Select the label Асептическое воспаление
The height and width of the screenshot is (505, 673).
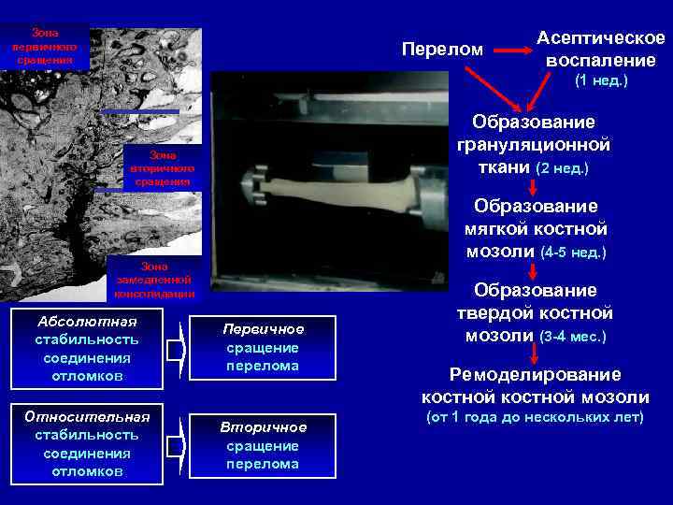[x=601, y=49]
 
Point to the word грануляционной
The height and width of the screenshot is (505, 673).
[x=534, y=145]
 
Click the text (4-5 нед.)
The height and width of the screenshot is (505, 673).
[x=573, y=252]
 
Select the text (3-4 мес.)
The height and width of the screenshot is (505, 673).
[x=573, y=336]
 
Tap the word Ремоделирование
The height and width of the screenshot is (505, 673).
[x=535, y=375]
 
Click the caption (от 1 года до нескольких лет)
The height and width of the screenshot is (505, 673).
[x=535, y=416]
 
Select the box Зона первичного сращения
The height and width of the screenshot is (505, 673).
[x=45, y=46]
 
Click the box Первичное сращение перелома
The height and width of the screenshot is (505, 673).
[x=263, y=348]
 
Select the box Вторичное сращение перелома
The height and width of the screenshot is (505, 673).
[x=263, y=445]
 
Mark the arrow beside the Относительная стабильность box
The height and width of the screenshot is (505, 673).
[x=177, y=446]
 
